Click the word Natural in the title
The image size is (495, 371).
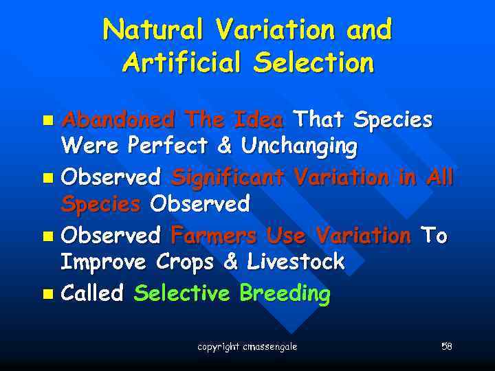point(153,30)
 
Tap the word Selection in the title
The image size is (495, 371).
point(313,63)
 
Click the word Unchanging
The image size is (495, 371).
point(299,146)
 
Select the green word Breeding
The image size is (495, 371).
point(285,295)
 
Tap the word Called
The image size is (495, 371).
point(93,294)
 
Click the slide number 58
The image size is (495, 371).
point(446,346)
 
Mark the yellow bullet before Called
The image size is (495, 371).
point(47,295)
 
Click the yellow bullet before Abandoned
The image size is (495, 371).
point(47,121)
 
